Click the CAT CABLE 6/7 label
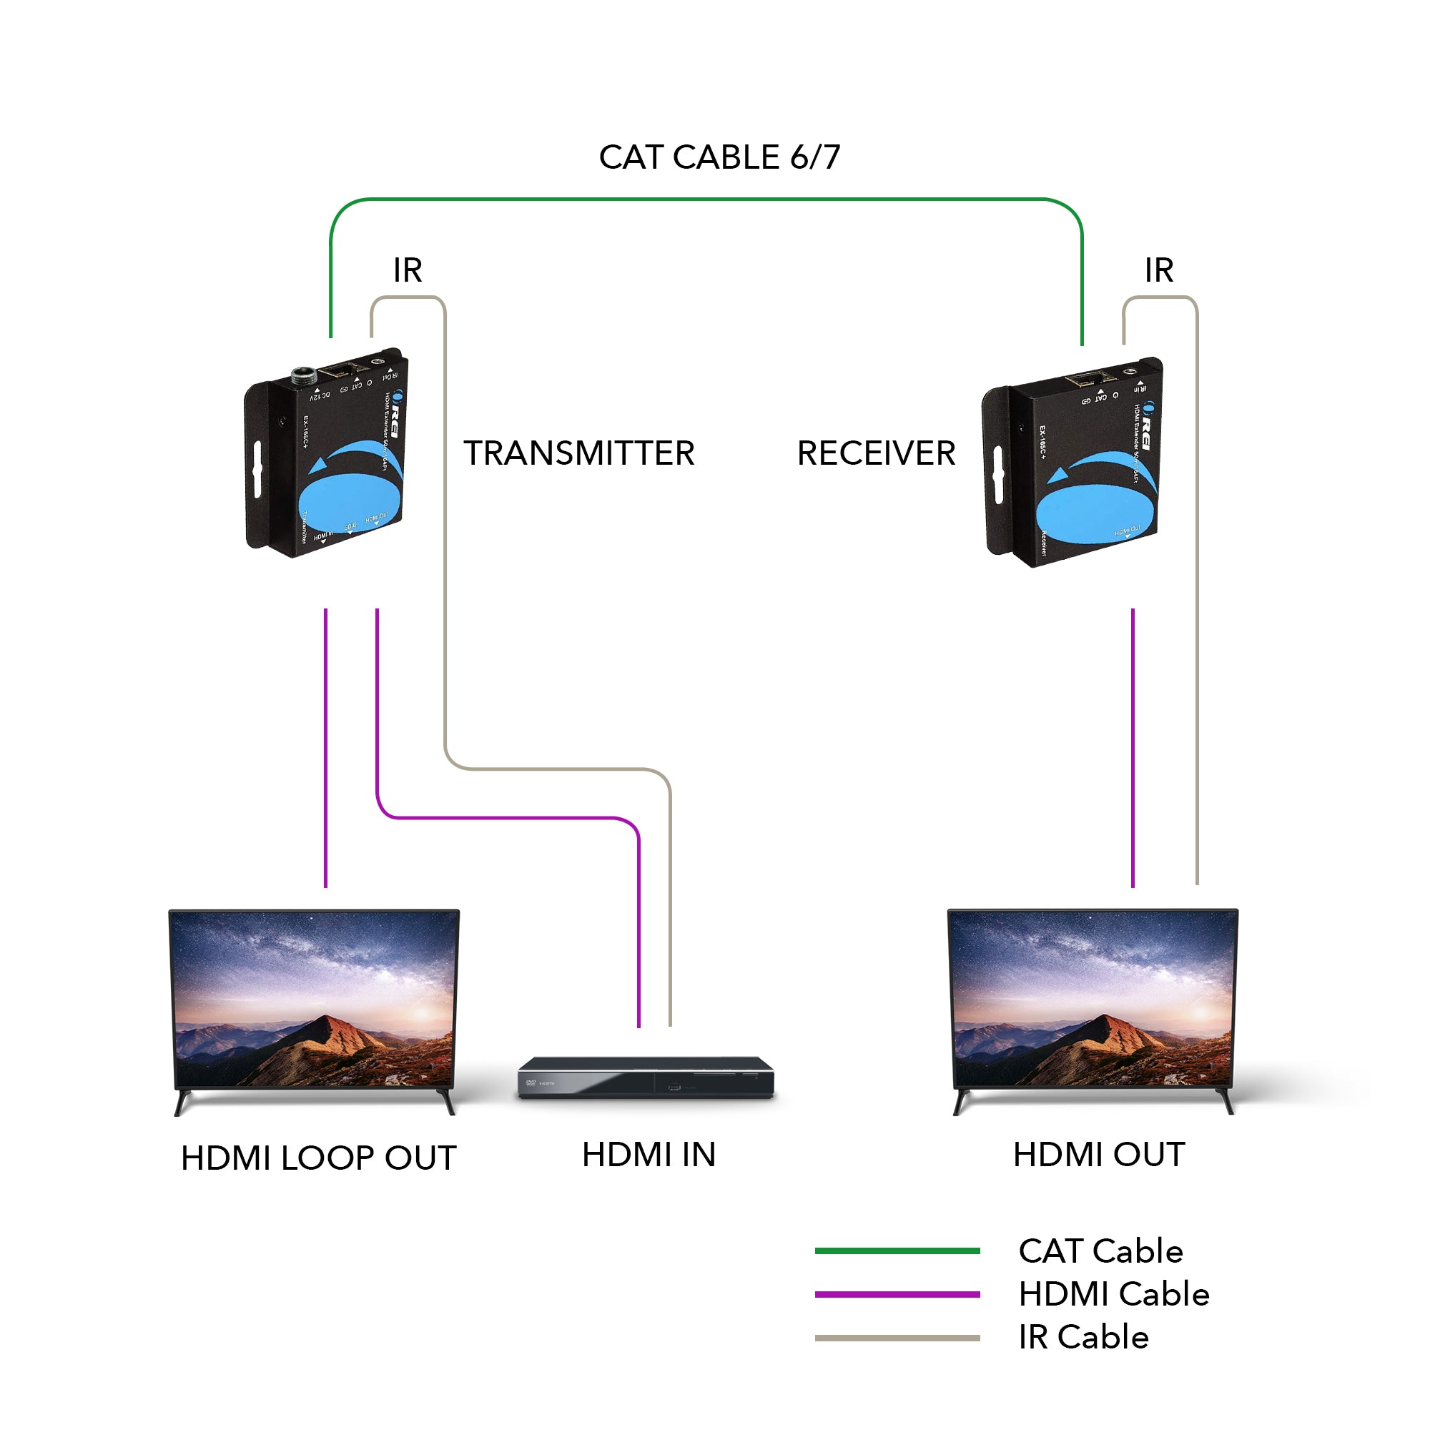tap(719, 157)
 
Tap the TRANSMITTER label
tap(579, 453)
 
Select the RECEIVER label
tap(876, 453)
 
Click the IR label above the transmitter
tap(407, 270)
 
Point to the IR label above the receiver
tap(1158, 270)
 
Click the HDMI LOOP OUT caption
tap(318, 1158)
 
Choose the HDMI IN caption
tap(649, 1155)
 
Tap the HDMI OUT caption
tap(1098, 1155)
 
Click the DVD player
tap(646, 1078)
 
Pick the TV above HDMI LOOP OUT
tap(315, 1007)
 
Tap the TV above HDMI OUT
tap(1093, 1007)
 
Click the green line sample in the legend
tap(897, 1251)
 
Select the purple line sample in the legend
tap(897, 1295)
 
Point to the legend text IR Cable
tap(1083, 1338)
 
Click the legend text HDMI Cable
tap(1113, 1295)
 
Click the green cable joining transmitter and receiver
tap(707, 199)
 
